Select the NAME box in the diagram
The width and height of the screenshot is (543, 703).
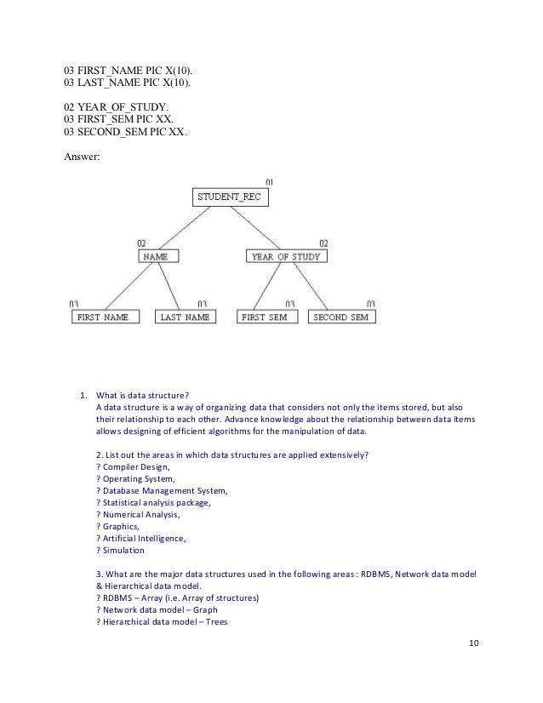click(x=154, y=255)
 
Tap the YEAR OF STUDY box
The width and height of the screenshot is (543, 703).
click(x=287, y=255)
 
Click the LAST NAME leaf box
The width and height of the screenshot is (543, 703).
click(x=185, y=317)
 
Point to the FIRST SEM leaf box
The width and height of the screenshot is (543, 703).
click(x=265, y=317)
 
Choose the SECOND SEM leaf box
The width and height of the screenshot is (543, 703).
click(x=340, y=317)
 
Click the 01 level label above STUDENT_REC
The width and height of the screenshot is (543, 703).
click(x=269, y=182)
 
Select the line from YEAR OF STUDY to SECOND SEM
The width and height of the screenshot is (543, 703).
click(x=311, y=286)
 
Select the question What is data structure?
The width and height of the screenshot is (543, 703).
click(x=142, y=394)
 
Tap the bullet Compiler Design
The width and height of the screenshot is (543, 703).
click(x=134, y=467)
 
